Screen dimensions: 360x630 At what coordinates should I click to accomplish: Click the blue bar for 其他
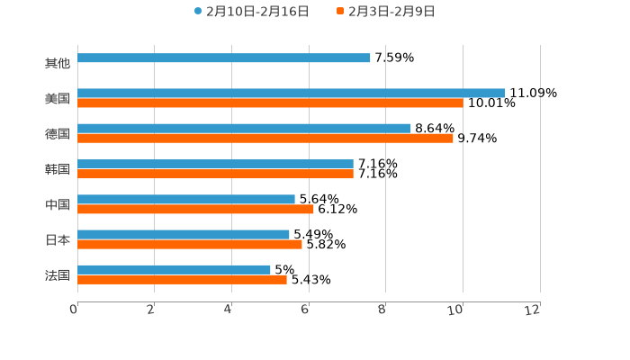(224, 58)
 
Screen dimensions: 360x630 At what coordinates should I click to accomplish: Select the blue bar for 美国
(292, 94)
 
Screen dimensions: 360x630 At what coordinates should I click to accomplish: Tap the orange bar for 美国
(270, 103)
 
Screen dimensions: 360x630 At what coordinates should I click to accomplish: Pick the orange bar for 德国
(265, 139)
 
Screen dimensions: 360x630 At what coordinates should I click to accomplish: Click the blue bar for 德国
(244, 129)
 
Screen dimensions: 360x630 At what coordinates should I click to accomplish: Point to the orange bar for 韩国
(215, 174)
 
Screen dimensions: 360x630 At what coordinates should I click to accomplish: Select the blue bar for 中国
(186, 200)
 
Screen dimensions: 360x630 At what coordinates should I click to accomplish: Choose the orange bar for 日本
(190, 244)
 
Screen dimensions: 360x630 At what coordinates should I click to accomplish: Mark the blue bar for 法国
(174, 270)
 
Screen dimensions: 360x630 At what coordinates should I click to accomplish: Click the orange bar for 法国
(182, 280)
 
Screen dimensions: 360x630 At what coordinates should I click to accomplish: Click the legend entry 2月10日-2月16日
(251, 12)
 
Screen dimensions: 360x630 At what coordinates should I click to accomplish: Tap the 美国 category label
(58, 99)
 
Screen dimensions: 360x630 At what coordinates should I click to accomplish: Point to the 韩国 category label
(58, 169)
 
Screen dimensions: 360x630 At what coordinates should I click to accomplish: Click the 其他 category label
(58, 64)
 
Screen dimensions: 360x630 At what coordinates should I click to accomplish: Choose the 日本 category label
(58, 240)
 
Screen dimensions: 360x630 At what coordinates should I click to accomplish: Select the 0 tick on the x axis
(74, 310)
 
